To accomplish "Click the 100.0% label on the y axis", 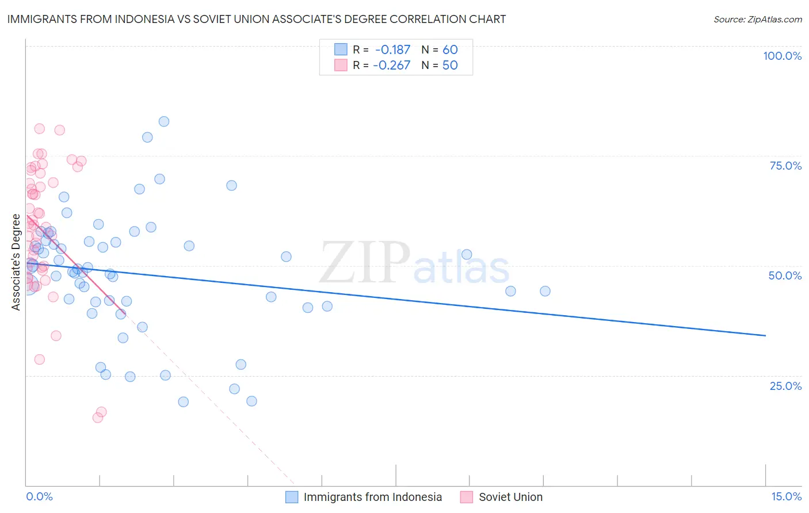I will click(x=782, y=56).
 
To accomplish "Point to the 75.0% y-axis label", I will click(x=785, y=166).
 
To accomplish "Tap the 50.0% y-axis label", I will click(x=785, y=275).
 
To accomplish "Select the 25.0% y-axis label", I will click(x=785, y=386).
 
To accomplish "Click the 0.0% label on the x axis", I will click(x=39, y=496).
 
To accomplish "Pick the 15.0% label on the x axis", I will click(x=786, y=496).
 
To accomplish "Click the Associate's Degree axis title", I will click(x=16, y=262).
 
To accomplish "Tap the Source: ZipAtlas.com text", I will click(x=757, y=19).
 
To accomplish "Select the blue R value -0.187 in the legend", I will click(x=392, y=50).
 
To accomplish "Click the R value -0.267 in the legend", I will click(x=391, y=66).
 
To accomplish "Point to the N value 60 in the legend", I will click(x=450, y=50).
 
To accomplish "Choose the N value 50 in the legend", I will click(x=450, y=66).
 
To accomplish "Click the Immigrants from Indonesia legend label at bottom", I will click(x=372, y=497).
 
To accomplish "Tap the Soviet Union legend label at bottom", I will click(x=510, y=497).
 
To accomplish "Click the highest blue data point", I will click(x=164, y=121).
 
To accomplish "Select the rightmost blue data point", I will click(x=545, y=291).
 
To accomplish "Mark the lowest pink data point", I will click(x=98, y=418).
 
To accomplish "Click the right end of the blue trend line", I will click(x=765, y=335).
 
